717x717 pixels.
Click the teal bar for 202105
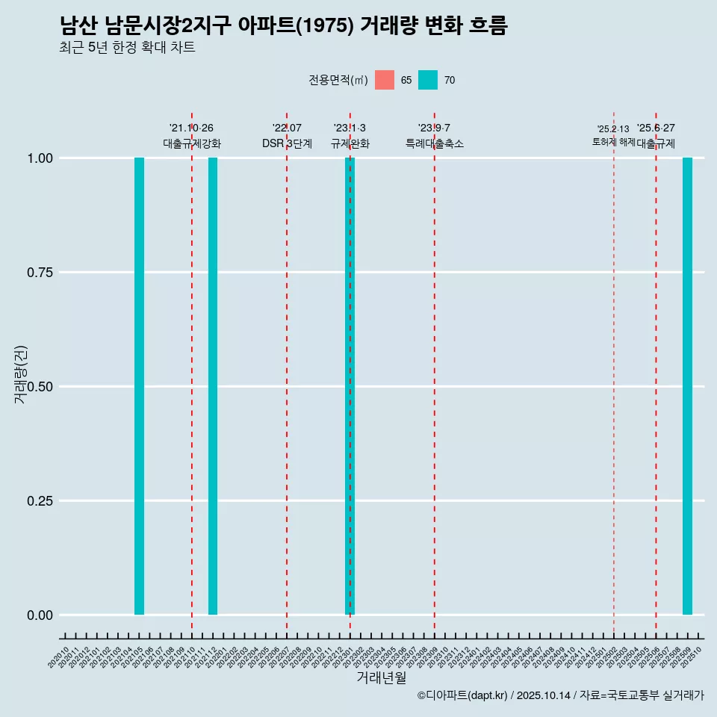point(139,386)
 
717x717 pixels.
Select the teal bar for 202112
point(213,386)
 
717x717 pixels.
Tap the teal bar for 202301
point(350,386)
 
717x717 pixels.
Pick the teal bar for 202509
point(687,386)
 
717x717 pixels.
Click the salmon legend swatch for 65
point(385,80)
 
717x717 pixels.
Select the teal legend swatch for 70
point(428,80)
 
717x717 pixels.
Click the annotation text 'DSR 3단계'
point(287,143)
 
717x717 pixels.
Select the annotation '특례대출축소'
point(435,143)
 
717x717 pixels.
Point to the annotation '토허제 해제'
point(613,141)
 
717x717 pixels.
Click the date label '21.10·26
point(191,128)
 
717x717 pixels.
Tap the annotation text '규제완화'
point(350,143)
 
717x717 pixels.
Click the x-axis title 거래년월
point(381,678)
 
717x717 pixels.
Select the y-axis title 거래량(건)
point(21,374)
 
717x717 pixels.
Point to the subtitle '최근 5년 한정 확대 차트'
point(127,48)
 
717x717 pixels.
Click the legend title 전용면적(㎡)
point(338,80)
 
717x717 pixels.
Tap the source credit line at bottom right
point(560,695)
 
